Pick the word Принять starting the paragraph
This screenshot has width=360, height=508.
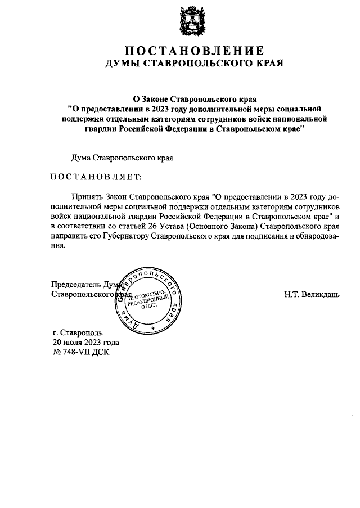(87, 197)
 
